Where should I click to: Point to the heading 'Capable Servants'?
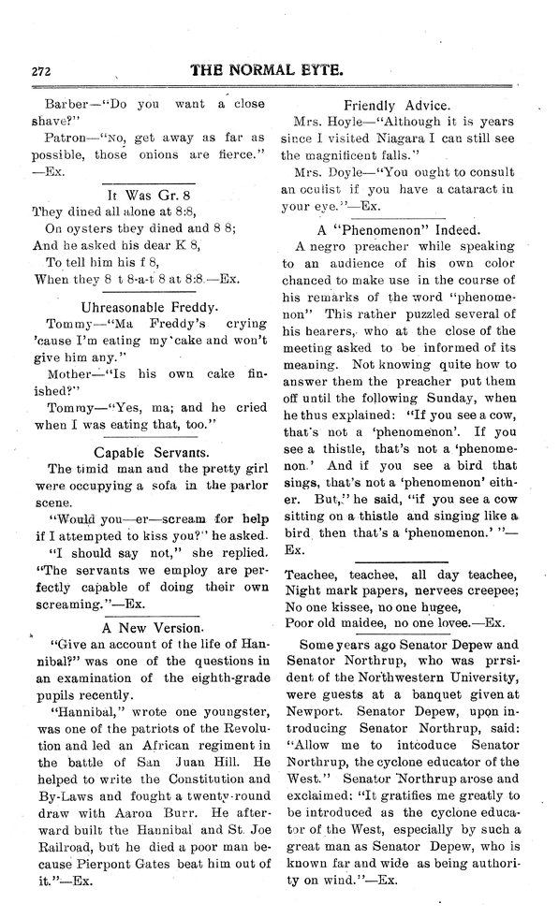149,451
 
